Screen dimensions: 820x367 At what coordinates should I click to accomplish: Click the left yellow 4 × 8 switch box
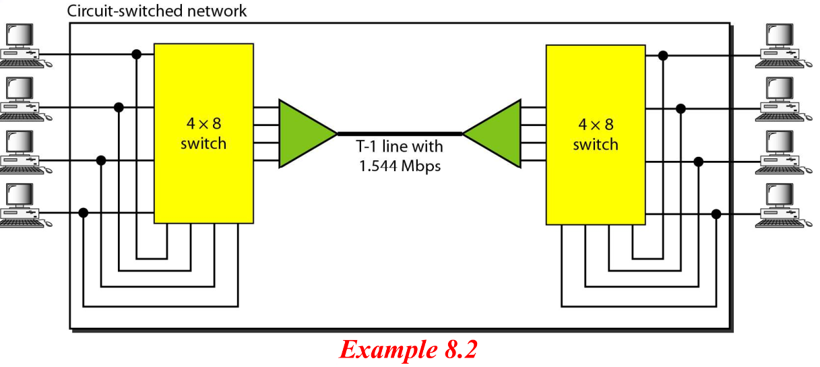[x=203, y=133]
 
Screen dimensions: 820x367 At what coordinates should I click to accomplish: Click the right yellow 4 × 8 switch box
[x=596, y=135]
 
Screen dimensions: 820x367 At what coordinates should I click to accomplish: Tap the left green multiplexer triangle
[x=307, y=133]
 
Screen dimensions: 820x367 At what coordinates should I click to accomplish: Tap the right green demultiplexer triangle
[x=492, y=133]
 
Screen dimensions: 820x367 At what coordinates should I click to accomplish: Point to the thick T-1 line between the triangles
[x=400, y=134]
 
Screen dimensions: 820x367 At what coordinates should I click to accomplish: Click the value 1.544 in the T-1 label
[x=378, y=166]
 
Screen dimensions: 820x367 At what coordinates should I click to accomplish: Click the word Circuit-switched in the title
[x=125, y=11]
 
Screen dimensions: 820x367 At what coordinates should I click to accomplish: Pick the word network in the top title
[x=217, y=11]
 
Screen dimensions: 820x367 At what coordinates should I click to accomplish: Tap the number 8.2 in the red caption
[x=461, y=349]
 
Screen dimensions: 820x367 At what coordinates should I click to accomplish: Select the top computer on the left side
[x=26, y=46]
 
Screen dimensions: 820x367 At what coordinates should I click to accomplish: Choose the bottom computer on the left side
[x=26, y=205]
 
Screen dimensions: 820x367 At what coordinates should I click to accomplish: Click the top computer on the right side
[x=784, y=46]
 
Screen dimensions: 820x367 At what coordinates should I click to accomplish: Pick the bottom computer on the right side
[x=784, y=205]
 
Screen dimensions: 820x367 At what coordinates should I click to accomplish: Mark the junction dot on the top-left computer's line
[x=137, y=55]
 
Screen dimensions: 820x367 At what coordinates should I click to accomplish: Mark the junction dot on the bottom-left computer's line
[x=84, y=213]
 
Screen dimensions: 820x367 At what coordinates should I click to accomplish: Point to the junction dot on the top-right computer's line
[x=663, y=56]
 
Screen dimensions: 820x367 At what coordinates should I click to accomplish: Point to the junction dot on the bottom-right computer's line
[x=716, y=214]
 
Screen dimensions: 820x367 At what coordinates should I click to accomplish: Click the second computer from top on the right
[x=784, y=99]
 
